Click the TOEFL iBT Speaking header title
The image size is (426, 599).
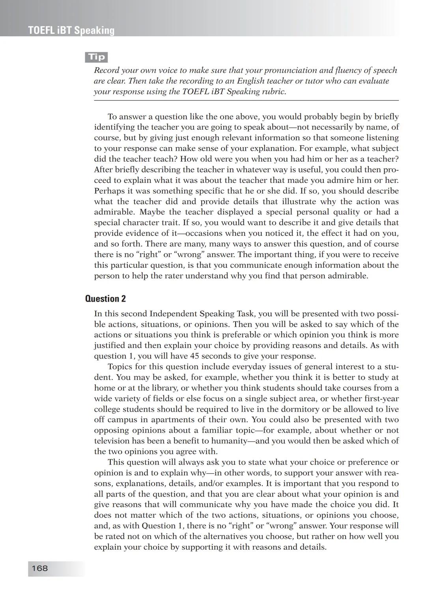[71, 30]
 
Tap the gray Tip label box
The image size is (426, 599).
[96, 57]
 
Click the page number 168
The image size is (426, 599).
[39, 568]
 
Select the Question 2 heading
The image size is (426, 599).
[105, 299]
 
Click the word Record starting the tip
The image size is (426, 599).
[106, 71]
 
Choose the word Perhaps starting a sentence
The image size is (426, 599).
[108, 191]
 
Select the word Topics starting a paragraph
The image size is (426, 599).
[121, 367]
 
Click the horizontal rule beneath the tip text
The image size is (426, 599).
[246, 101]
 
